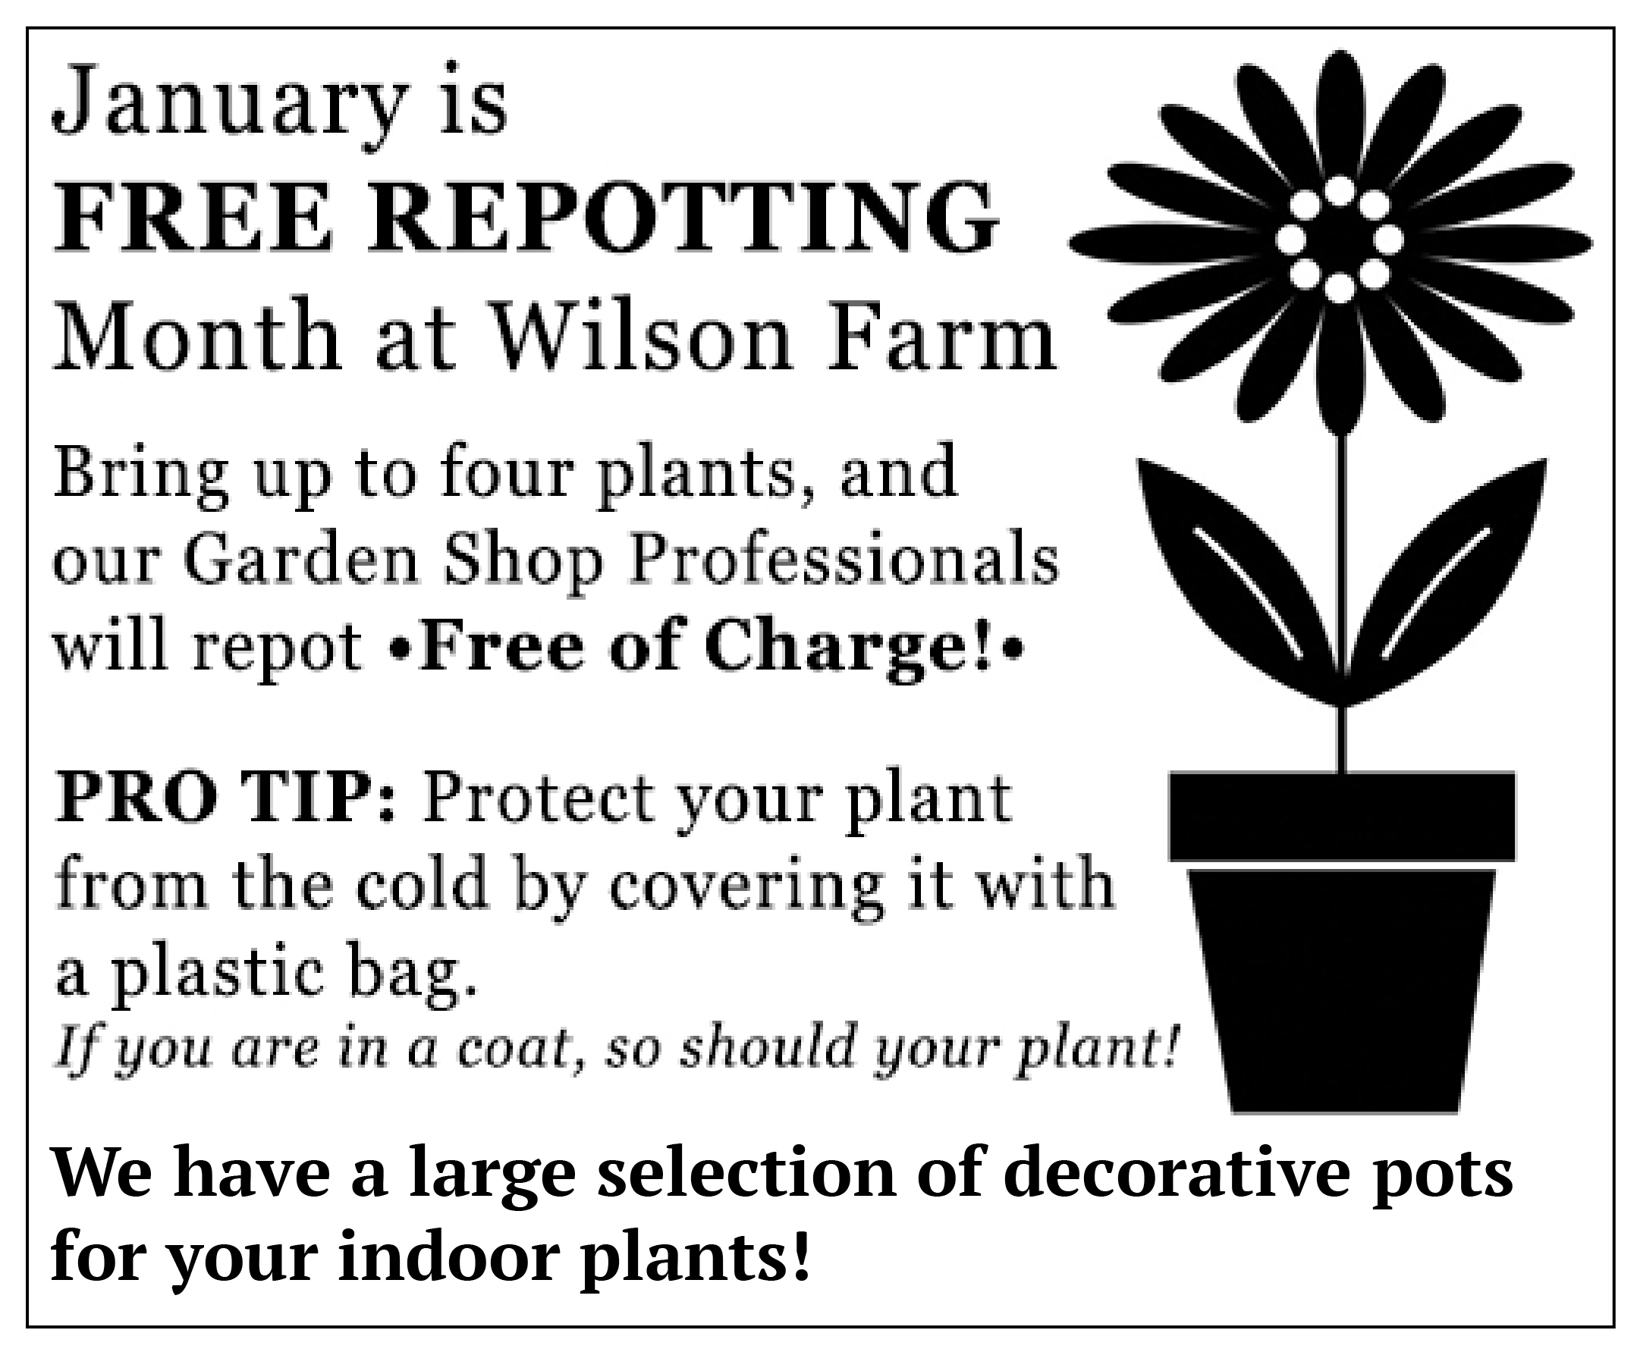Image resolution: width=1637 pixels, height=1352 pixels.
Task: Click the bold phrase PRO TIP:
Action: pyautogui.click(x=227, y=800)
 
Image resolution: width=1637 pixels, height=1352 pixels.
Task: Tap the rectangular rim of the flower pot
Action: pyautogui.click(x=1342, y=816)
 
